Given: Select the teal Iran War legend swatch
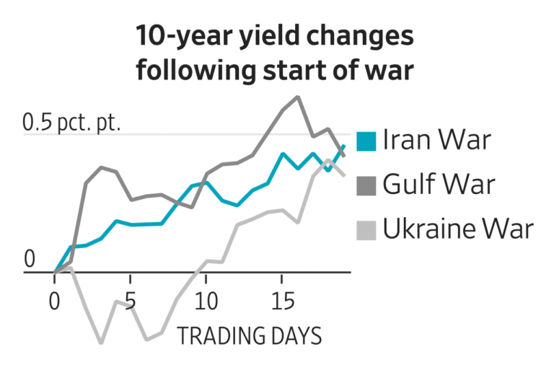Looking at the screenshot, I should (x=366, y=141).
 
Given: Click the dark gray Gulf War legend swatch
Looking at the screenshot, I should (x=366, y=185).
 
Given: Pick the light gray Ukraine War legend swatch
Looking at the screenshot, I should (x=366, y=230).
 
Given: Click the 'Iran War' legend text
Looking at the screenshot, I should (x=436, y=140).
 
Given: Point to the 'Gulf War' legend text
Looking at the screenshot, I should (x=439, y=185).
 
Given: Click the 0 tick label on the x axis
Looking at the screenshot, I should (x=55, y=299).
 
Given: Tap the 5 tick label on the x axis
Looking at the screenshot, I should (x=131, y=299).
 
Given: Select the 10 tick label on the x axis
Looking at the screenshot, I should (x=206, y=299).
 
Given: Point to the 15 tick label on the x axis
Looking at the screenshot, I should (x=282, y=299).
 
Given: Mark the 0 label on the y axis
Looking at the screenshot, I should (x=30, y=258).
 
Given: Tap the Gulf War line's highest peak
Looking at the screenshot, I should (x=297, y=97).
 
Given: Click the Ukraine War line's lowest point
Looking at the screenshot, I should (x=100, y=343).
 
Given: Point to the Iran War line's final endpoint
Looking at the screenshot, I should (x=343, y=146).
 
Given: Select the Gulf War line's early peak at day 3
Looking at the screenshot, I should (x=101, y=167).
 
